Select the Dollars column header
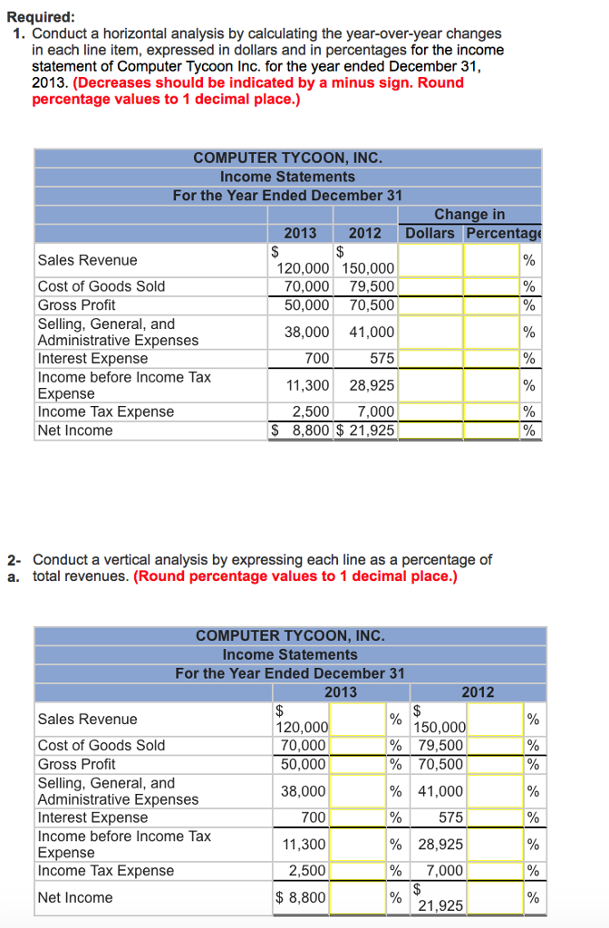pos(430,233)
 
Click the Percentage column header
pos(503,233)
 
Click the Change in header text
pos(469,215)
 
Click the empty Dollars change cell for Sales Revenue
pos(430,261)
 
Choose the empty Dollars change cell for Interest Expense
pos(430,358)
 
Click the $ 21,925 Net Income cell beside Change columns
pos(366,430)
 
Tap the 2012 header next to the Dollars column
pos(365,233)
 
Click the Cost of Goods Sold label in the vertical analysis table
pos(101,745)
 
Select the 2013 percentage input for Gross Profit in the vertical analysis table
pos(358,764)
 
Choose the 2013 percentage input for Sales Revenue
pos(358,720)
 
